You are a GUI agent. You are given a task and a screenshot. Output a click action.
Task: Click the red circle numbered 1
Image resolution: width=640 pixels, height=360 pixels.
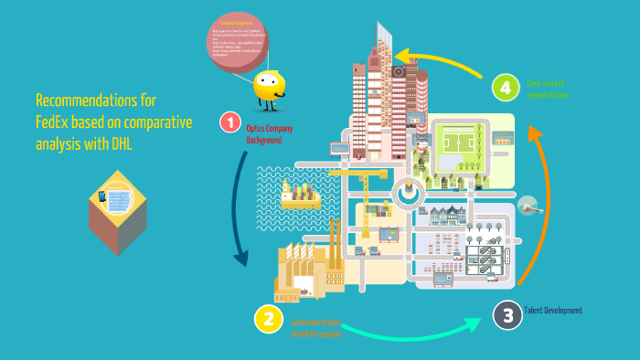(x=230, y=122)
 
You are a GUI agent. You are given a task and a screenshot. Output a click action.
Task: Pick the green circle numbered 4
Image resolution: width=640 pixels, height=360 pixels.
(x=505, y=89)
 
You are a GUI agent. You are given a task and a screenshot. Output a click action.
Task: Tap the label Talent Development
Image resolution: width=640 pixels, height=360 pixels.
(x=553, y=311)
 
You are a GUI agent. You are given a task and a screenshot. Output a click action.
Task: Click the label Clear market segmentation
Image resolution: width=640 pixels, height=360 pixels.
(x=548, y=89)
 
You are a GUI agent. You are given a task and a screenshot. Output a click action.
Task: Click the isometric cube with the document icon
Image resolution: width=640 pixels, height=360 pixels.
(x=117, y=212)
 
